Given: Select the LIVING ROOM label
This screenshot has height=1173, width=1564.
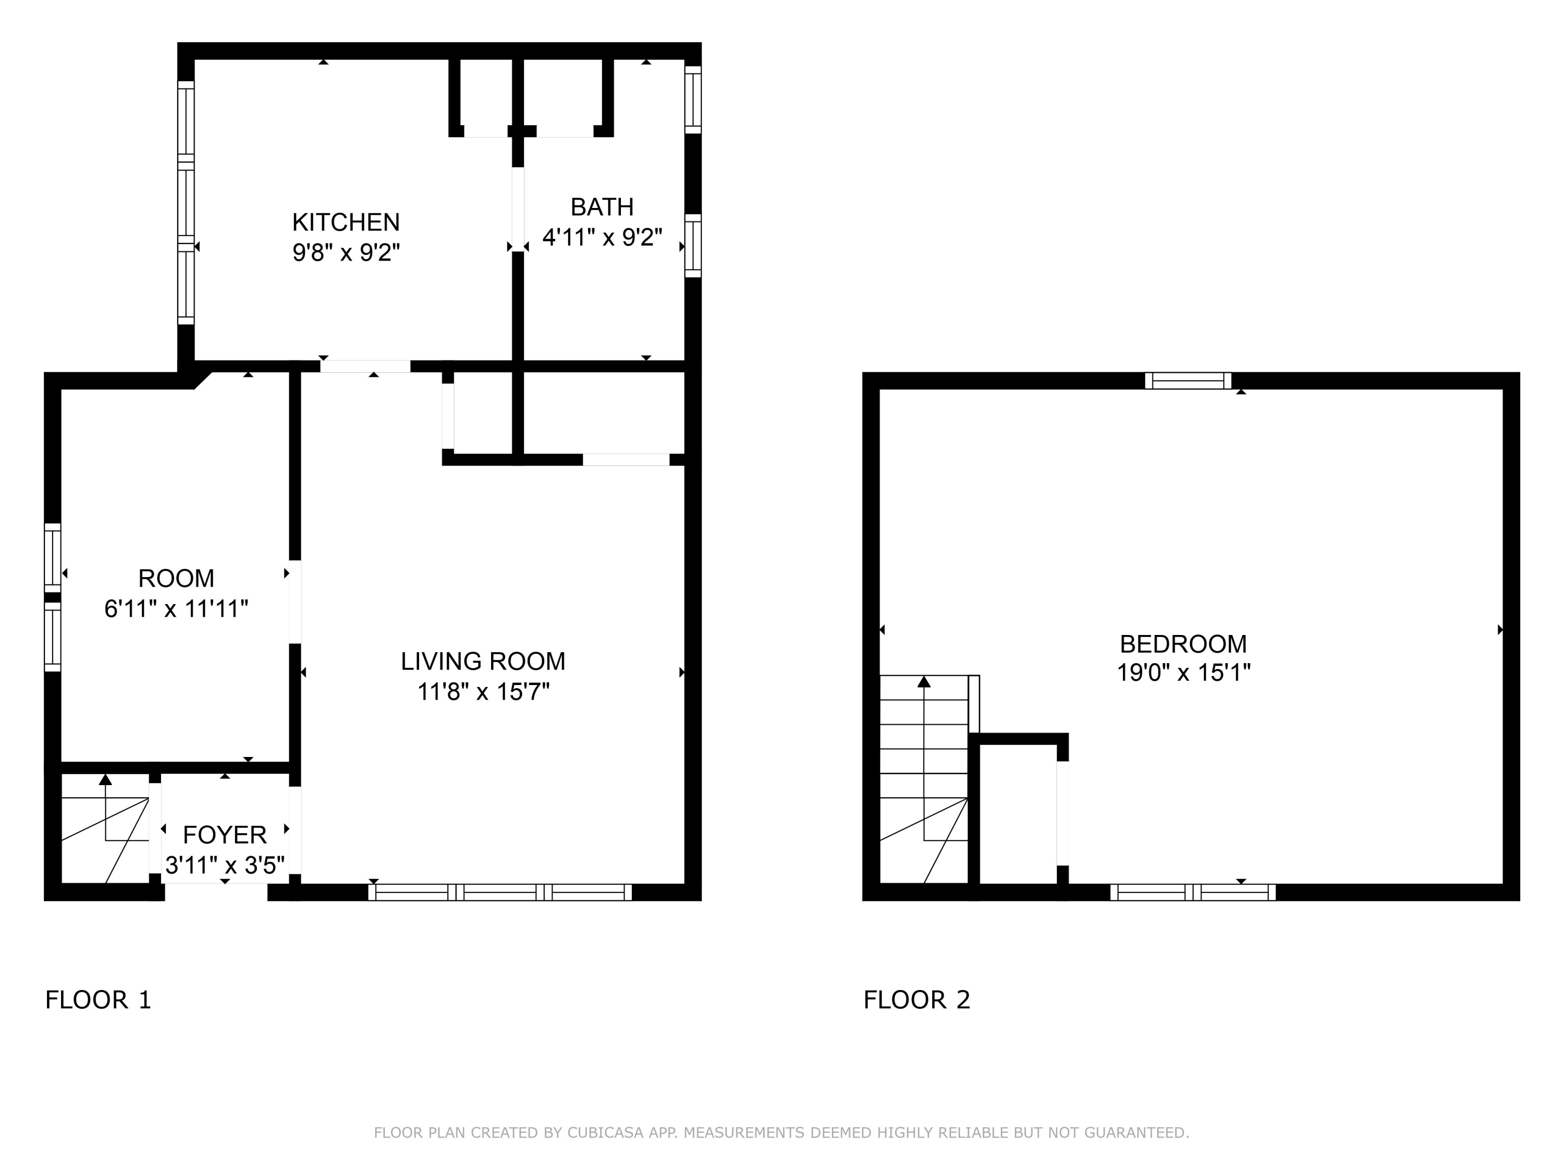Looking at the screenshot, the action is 483,661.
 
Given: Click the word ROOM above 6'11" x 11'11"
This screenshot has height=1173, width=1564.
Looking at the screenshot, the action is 176,578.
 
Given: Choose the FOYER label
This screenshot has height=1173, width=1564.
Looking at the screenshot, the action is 225,835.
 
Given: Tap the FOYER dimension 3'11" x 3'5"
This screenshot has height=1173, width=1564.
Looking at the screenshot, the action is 225,865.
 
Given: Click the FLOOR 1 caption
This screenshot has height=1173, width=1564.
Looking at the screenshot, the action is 99,1000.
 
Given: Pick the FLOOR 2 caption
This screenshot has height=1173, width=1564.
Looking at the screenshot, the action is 917,1000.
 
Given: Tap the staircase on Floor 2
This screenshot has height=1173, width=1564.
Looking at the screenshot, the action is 924,779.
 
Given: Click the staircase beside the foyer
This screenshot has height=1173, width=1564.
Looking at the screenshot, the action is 105,829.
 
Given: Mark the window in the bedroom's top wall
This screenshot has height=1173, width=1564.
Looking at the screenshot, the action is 1189,381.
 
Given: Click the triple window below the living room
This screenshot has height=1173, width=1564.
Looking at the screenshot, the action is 500,893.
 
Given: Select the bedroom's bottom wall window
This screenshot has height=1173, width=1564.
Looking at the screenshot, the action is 1193,893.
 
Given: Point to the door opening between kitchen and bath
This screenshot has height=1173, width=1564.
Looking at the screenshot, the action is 518,209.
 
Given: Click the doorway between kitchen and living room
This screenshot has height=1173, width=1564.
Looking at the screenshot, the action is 365,366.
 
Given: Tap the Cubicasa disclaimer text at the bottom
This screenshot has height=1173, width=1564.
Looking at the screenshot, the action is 781,1133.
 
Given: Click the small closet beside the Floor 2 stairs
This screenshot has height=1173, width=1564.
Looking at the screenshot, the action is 1018,813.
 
